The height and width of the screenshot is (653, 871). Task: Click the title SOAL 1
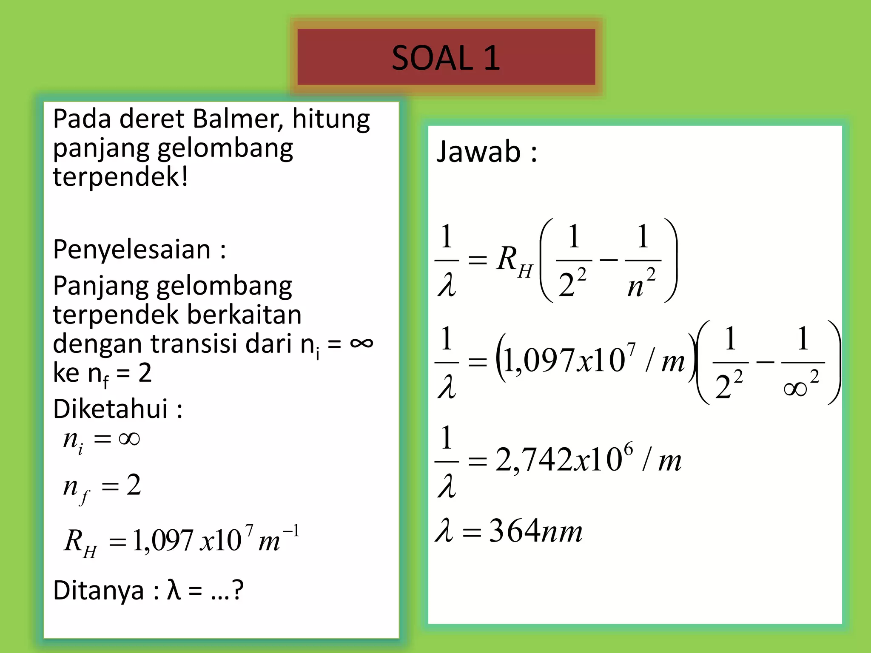[446, 58]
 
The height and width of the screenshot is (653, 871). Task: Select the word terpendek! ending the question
[120, 177]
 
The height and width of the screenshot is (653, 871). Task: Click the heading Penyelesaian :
[139, 250]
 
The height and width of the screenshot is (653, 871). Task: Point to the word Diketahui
[111, 409]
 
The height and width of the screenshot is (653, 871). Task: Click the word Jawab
[479, 152]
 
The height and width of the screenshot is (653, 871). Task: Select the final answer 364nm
[535, 531]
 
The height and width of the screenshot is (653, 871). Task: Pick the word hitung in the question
[331, 119]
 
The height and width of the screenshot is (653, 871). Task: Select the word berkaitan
[244, 315]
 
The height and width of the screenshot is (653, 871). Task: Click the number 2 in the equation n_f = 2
[134, 485]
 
